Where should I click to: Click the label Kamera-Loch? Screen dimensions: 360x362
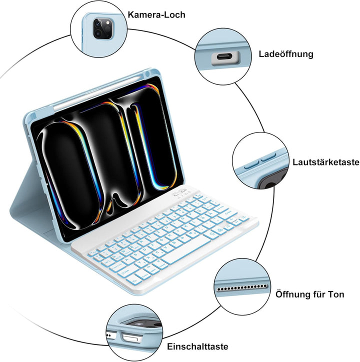tap(156, 15)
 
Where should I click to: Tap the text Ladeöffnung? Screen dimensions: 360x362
tap(286, 54)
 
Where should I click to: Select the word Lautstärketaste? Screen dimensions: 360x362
tap(326, 162)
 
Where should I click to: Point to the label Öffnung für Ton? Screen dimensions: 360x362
tap(309, 294)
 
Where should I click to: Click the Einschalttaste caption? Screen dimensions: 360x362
tap(197, 346)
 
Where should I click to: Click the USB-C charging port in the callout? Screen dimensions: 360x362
tap(225, 57)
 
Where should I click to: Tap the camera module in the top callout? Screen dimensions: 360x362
tap(103, 28)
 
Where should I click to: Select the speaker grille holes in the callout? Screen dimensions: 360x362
tap(242, 288)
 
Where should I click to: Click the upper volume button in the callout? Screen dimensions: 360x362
tap(268, 156)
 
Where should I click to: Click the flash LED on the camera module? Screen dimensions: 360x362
tap(108, 22)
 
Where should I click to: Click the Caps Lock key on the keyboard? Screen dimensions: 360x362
tap(117, 267)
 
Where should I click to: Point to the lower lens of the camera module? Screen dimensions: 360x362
tap(98, 33)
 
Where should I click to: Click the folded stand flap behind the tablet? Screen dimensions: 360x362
tap(32, 203)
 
